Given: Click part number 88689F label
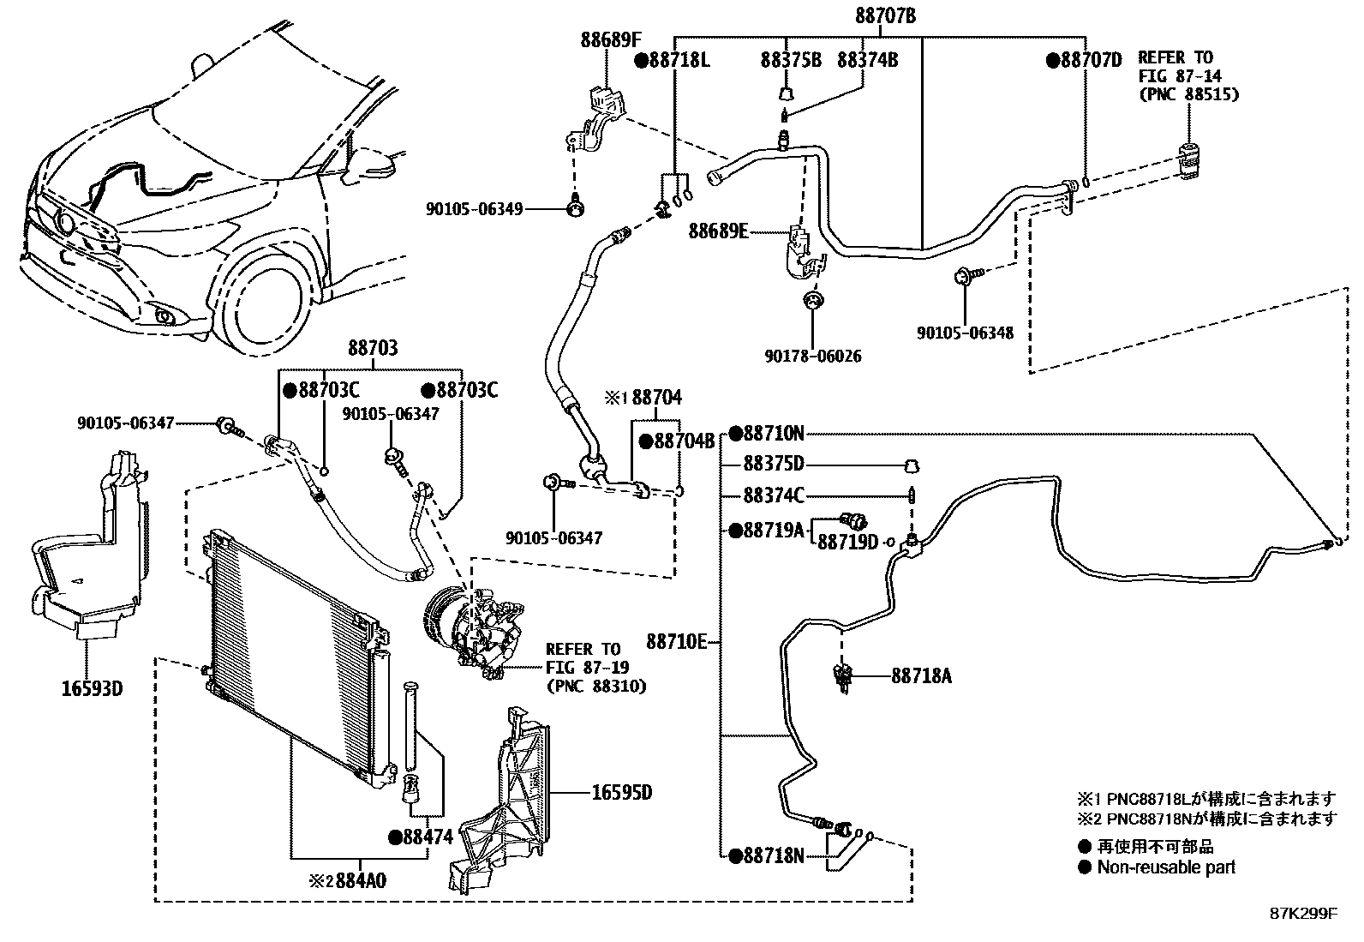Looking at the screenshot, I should [609, 39].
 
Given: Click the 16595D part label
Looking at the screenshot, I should [621, 793].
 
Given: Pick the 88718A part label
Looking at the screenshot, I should [921, 676].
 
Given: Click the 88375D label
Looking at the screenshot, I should [773, 464].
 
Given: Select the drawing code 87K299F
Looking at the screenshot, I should [1302, 914].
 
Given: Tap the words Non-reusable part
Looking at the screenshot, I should [1166, 867].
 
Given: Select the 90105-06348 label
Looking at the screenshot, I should [965, 333].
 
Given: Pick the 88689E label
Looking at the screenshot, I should [719, 231].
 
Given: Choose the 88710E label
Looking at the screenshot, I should [677, 641].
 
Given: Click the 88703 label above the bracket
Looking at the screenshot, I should [373, 349].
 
